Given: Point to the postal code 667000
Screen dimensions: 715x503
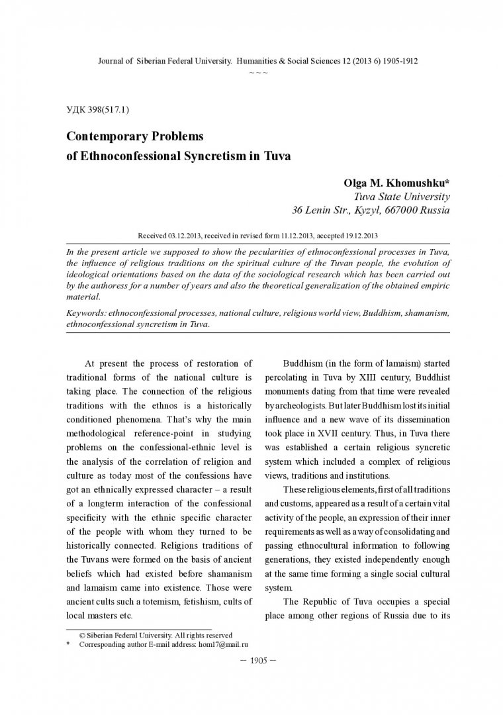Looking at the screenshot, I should coord(404,211).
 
